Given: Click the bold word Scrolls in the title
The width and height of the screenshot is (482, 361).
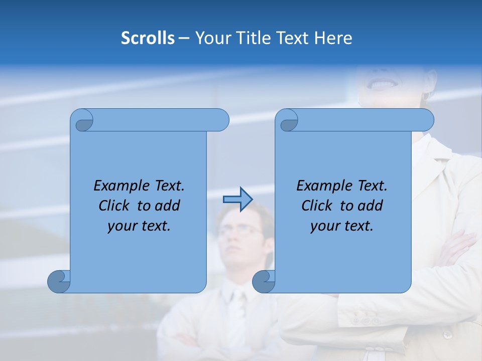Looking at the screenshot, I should (x=148, y=38).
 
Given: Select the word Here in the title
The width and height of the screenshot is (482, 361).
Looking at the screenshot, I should (x=333, y=38).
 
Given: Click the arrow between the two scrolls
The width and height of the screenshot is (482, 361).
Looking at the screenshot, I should (x=237, y=200).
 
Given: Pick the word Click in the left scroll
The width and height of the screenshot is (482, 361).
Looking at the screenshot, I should (x=115, y=206).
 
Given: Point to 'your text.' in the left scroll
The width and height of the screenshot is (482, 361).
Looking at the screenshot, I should (x=139, y=226).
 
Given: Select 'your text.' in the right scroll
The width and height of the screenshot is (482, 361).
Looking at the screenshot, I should (x=341, y=226).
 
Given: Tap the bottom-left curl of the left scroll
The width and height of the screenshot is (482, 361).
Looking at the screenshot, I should (x=59, y=281).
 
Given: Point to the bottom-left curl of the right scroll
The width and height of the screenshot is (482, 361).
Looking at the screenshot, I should (x=264, y=281).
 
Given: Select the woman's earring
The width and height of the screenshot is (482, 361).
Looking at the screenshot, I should (x=426, y=95).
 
